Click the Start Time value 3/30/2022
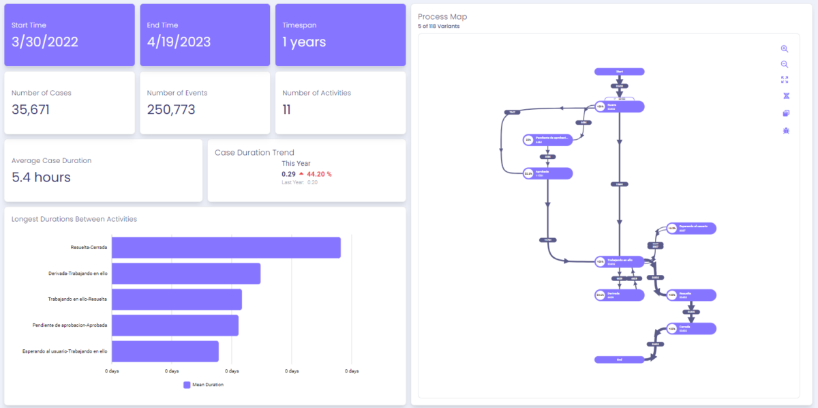click(45, 42)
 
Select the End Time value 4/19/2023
click(179, 42)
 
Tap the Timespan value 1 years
click(304, 42)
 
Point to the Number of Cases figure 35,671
click(31, 109)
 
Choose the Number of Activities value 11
click(287, 109)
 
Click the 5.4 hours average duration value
click(41, 177)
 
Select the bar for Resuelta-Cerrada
click(226, 248)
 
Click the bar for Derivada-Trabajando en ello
click(185, 274)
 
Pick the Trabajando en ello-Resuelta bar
click(177, 300)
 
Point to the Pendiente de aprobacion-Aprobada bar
click(175, 325)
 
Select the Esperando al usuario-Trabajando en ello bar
click(165, 351)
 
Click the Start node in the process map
click(619, 71)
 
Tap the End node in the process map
click(619, 360)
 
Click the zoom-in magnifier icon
click(785, 49)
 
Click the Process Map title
click(442, 16)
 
